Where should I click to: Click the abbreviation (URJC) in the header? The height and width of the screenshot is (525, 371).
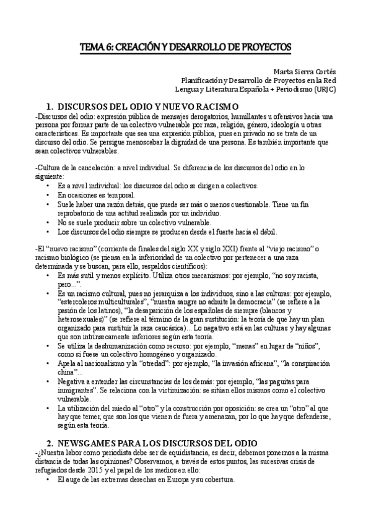[x=320, y=89]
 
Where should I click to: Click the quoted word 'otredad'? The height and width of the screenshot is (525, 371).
[x=151, y=363]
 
